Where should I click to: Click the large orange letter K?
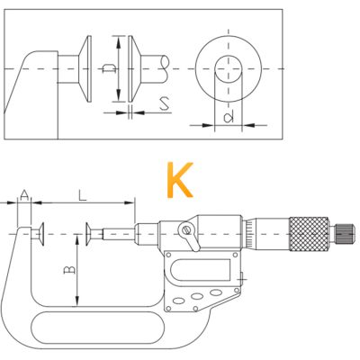(x=179, y=180)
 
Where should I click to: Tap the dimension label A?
(x=25, y=195)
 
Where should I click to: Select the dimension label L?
(x=82, y=195)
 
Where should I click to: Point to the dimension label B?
(x=69, y=270)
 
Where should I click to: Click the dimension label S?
(x=165, y=103)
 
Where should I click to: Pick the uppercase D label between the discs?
(x=109, y=68)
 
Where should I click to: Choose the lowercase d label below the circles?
(x=229, y=117)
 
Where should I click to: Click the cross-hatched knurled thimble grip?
(x=309, y=234)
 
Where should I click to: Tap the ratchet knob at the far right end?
(x=345, y=234)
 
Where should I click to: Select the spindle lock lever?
(x=189, y=236)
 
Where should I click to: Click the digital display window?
(x=200, y=269)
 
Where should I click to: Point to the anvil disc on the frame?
(x=40, y=234)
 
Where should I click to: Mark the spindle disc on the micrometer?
(x=88, y=234)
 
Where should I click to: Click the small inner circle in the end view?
(x=229, y=69)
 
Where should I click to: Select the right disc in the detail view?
(x=134, y=68)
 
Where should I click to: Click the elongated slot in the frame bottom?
(x=98, y=328)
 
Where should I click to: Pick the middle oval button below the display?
(x=197, y=296)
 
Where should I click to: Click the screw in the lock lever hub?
(x=186, y=230)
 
